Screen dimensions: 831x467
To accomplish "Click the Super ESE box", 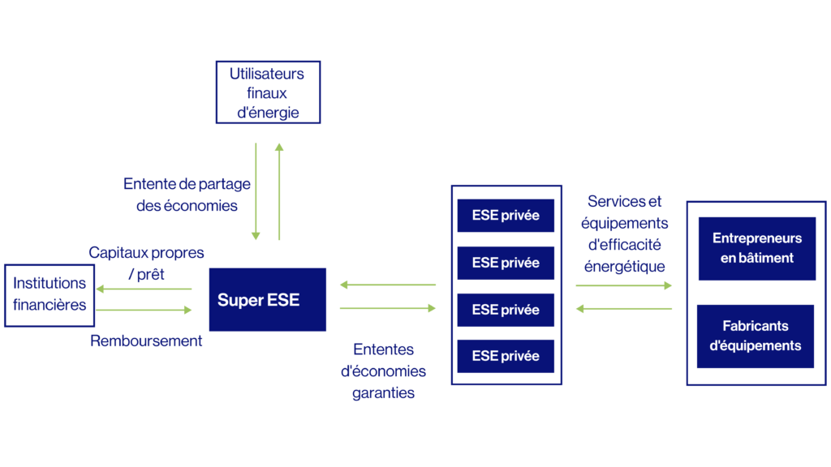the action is pos(268,300).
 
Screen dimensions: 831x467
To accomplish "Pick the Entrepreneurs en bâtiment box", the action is pos(757,248).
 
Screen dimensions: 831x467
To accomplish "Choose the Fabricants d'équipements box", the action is pos(756,336).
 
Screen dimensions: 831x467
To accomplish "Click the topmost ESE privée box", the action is pos(506,216).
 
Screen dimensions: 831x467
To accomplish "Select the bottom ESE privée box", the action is pos(506,357).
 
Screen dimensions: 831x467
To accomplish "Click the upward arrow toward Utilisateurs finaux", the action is pos(279,191).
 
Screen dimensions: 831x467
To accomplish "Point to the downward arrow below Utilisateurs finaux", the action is pos(256,191).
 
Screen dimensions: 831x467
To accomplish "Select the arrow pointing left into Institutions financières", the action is pos(144,289).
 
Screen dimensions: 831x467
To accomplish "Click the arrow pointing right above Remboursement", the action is pos(144,310).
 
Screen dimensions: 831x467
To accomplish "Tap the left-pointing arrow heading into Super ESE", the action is pos(388,285).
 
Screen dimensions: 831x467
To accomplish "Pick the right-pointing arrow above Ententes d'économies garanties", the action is pos(388,308).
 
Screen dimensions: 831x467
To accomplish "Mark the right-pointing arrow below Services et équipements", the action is pos(624,285).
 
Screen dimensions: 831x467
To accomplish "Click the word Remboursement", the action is pos(146,341).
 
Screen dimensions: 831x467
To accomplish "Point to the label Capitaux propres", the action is pos(146,253).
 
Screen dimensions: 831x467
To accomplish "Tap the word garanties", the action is pos(383,393).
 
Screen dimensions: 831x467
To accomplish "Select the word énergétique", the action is pos(624,266).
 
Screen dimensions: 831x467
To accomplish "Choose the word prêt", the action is pos(150,274).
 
